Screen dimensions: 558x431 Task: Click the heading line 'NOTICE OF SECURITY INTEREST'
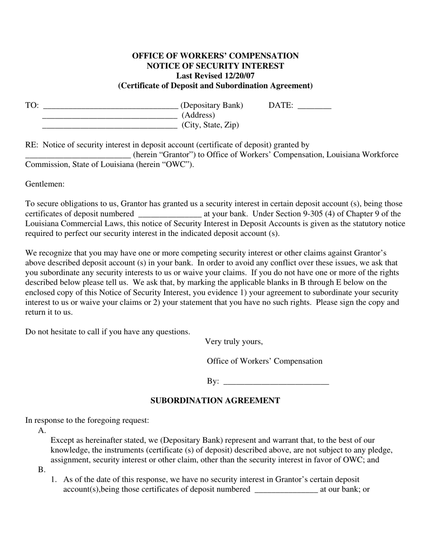(215, 66)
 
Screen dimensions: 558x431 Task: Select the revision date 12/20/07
(239, 76)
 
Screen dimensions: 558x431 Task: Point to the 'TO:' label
(32, 105)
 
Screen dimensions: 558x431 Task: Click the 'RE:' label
(32, 145)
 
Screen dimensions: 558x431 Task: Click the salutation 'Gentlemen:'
(45, 184)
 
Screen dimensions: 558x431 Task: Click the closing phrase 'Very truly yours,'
(234, 342)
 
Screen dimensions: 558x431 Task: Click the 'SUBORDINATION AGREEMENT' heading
(215, 401)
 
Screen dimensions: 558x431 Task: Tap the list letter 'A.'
(42, 431)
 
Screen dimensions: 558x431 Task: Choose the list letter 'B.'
(42, 470)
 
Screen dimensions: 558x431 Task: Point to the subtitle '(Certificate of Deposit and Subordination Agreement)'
(215, 86)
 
